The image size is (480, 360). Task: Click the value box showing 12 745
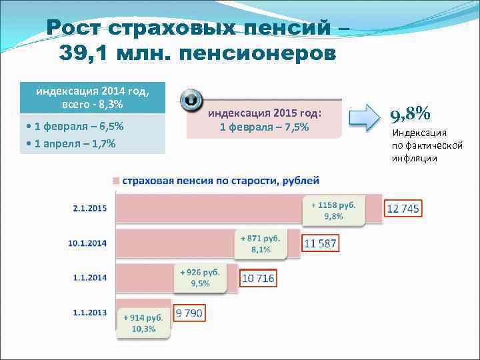(x=403, y=209)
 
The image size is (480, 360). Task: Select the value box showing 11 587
(x=321, y=243)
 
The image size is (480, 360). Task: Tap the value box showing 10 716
(x=258, y=278)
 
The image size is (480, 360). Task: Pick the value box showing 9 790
(x=189, y=313)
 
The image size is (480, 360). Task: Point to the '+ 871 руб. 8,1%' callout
(x=260, y=243)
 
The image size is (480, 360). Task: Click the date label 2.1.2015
(x=89, y=208)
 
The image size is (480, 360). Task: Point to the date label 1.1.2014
(x=89, y=277)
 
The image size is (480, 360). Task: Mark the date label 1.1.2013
(x=89, y=311)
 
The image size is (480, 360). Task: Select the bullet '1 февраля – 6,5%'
(x=73, y=127)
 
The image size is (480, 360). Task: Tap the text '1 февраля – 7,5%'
(x=264, y=127)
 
